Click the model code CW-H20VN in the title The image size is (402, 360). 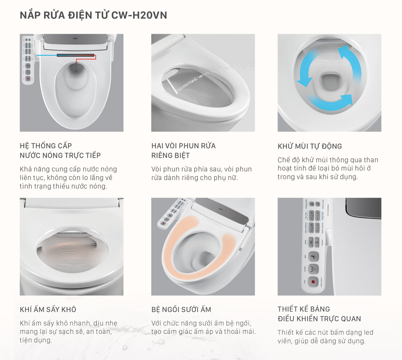[x=139, y=15]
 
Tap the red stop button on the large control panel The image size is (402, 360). [x=313, y=282]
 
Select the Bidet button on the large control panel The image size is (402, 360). [x=313, y=257]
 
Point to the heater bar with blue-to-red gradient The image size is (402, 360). [x=75, y=55]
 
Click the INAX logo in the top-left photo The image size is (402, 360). [x=75, y=39]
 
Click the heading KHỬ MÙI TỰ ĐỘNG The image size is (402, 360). [x=310, y=146]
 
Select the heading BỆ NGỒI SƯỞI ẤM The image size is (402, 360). [x=181, y=310]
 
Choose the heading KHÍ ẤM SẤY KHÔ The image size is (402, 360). [x=48, y=310]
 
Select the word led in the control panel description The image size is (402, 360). [x=368, y=333]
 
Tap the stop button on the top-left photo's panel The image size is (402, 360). [x=28, y=79]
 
